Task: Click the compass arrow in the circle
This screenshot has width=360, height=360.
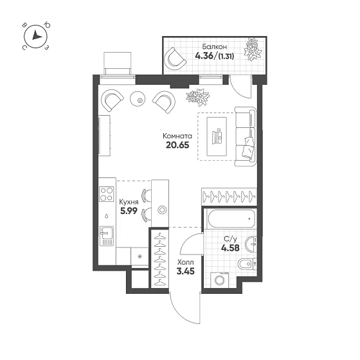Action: (x=37, y=35)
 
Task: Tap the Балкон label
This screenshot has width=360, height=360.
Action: (x=215, y=46)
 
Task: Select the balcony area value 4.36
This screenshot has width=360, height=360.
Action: (x=204, y=56)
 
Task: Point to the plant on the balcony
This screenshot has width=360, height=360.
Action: (x=253, y=49)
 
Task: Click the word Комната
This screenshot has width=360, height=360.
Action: (x=177, y=136)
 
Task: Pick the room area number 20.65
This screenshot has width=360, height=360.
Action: (x=177, y=145)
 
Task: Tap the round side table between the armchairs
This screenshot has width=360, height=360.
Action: (x=138, y=99)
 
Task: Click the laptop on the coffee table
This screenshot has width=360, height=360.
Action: (x=217, y=136)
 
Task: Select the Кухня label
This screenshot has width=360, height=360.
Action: (x=129, y=202)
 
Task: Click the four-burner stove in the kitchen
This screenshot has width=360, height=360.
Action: (x=107, y=194)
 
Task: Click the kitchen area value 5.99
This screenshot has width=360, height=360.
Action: (x=129, y=211)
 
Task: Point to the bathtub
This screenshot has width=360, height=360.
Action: (x=231, y=219)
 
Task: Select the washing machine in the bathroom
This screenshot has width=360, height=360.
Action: (x=220, y=280)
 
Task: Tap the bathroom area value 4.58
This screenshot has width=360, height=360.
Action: (x=230, y=248)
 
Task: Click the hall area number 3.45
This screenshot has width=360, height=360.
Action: (x=186, y=271)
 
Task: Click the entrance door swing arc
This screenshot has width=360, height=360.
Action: (x=181, y=314)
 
